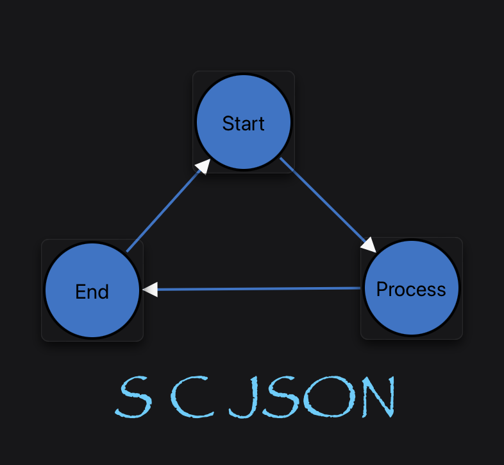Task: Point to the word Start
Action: click(x=244, y=123)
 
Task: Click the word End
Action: click(x=92, y=292)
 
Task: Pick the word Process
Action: click(x=411, y=290)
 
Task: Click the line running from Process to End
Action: click(x=256, y=289)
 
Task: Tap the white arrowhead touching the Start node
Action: click(x=203, y=166)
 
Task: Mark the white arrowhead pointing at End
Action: click(x=149, y=290)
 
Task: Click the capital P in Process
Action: click(x=382, y=289)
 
